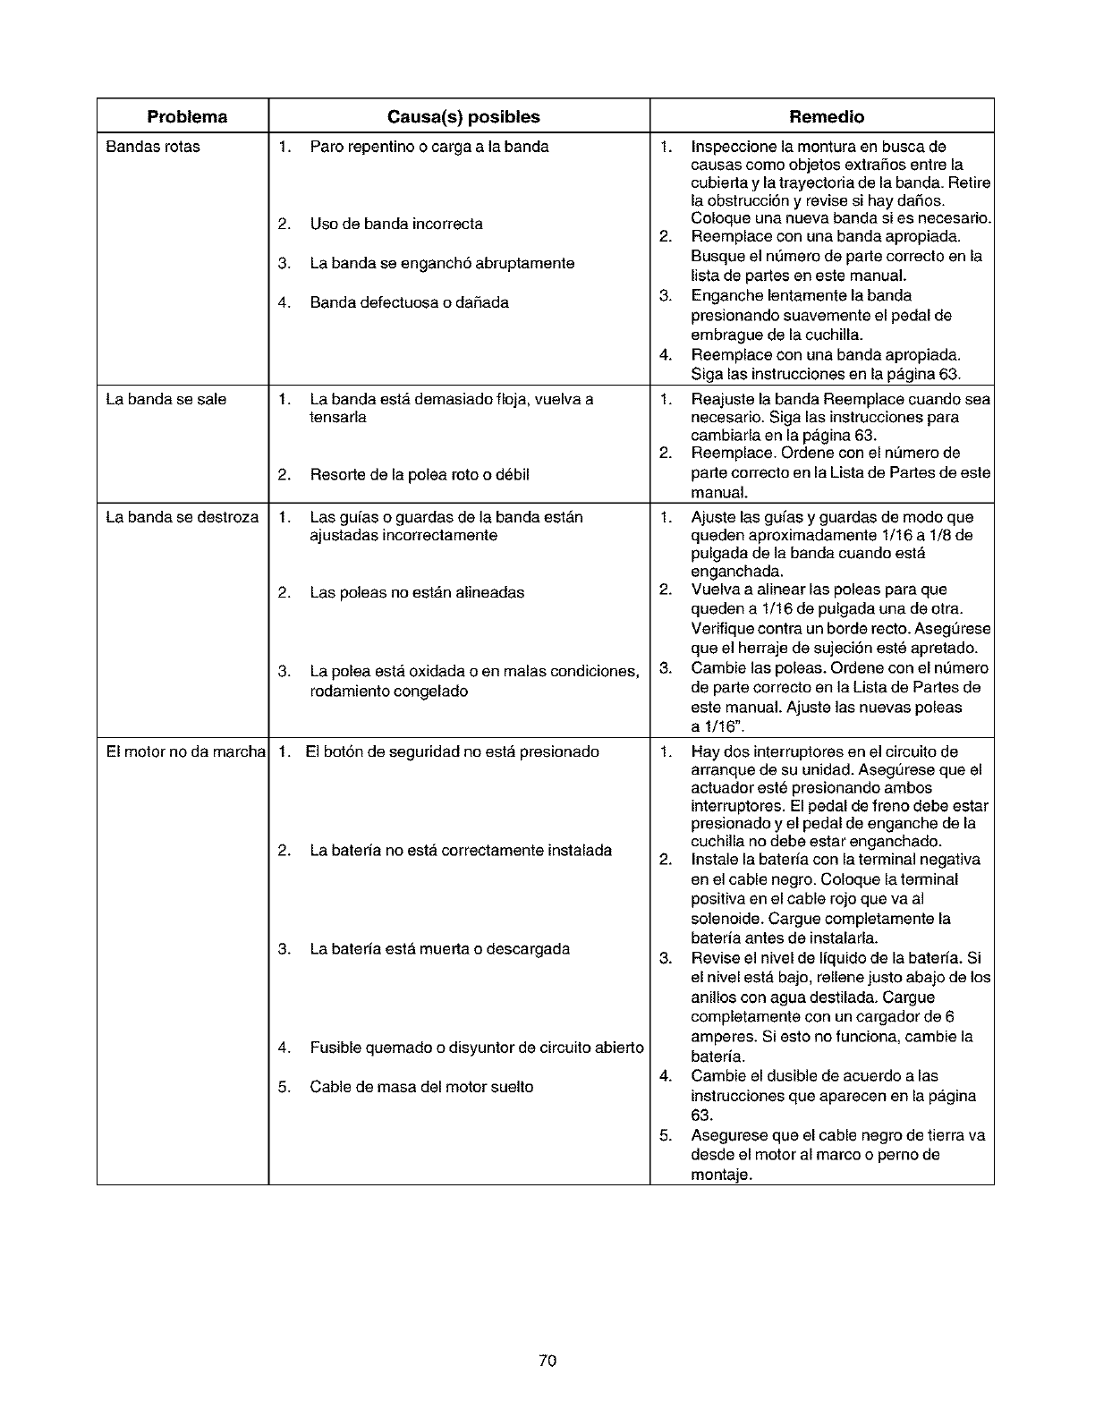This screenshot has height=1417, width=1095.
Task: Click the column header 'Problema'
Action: click(x=187, y=117)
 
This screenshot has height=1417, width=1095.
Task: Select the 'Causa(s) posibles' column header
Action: click(x=463, y=117)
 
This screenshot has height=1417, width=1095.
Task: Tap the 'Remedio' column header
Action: click(x=827, y=117)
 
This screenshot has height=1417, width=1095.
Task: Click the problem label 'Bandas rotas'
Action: click(x=153, y=147)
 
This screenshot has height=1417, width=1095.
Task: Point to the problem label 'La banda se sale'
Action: click(x=166, y=399)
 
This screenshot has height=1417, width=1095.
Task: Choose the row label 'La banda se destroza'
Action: click(x=182, y=517)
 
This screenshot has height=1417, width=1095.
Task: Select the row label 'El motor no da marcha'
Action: click(x=185, y=751)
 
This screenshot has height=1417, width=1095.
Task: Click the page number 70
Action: click(x=548, y=1361)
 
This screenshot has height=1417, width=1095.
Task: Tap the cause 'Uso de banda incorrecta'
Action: click(x=396, y=224)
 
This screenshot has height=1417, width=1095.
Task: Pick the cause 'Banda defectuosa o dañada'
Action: click(x=409, y=302)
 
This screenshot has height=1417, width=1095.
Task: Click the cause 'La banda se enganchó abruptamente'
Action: click(x=442, y=263)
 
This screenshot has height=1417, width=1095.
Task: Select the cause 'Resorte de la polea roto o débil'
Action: click(x=420, y=475)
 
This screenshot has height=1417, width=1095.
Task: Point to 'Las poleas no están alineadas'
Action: click(x=417, y=592)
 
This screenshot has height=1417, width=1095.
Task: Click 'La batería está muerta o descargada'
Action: click(x=439, y=948)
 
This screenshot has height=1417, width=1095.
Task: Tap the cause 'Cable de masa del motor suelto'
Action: click(x=421, y=1087)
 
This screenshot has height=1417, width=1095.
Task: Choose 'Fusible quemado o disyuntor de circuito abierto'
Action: click(x=477, y=1048)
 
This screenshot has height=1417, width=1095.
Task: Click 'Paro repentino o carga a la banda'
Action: click(x=429, y=147)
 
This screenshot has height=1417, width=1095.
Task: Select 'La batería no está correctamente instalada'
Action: click(x=461, y=850)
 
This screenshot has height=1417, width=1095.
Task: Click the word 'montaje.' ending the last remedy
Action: click(x=721, y=1175)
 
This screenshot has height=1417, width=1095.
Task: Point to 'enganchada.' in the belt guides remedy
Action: click(x=737, y=572)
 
